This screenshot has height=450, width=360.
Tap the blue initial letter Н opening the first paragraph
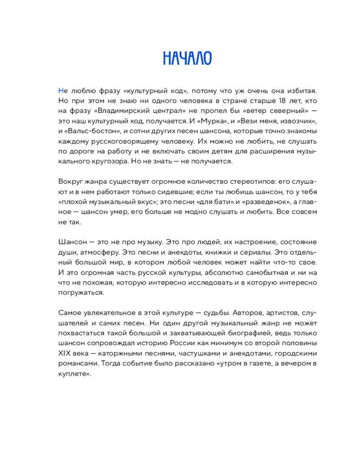(61, 90)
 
